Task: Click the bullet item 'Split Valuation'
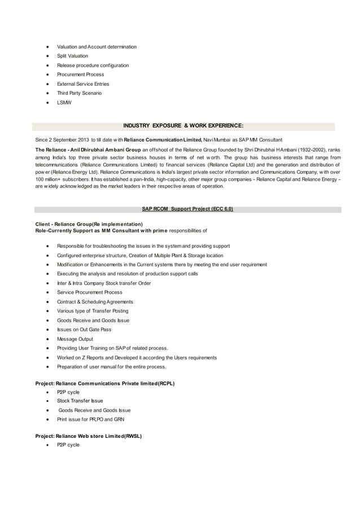pyautogui.click(x=72, y=56)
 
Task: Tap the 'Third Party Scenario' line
pyautogui.click(x=79, y=93)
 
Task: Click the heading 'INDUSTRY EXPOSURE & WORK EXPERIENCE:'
pyautogui.click(x=183, y=126)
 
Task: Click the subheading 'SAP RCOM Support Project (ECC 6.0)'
pyautogui.click(x=187, y=209)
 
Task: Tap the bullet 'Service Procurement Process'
pyautogui.click(x=90, y=292)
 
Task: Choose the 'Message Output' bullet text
pyautogui.click(x=75, y=339)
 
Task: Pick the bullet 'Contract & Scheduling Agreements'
pyautogui.click(x=95, y=302)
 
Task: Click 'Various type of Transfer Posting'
pyautogui.click(x=93, y=311)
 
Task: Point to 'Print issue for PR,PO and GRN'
pyautogui.click(x=90, y=420)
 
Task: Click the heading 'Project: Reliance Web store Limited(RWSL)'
pyautogui.click(x=89, y=436)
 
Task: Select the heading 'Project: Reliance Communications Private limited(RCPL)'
pyautogui.click(x=105, y=384)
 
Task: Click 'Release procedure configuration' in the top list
pyautogui.click(x=93, y=65)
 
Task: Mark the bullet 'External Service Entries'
pyautogui.click(x=83, y=84)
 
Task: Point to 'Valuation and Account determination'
pyautogui.click(x=96, y=46)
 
